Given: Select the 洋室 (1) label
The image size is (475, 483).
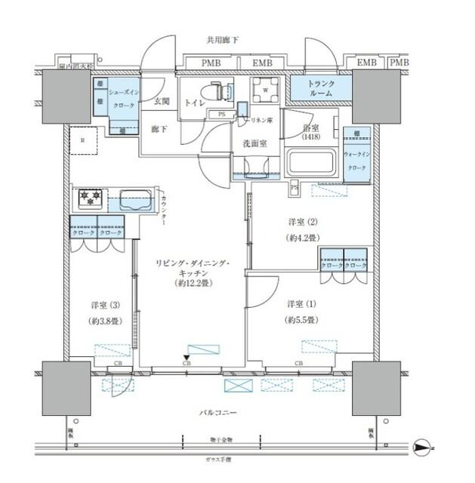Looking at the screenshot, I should pyautogui.click(x=301, y=303).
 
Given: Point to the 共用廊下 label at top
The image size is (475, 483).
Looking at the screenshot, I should pyautogui.click(x=223, y=40).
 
